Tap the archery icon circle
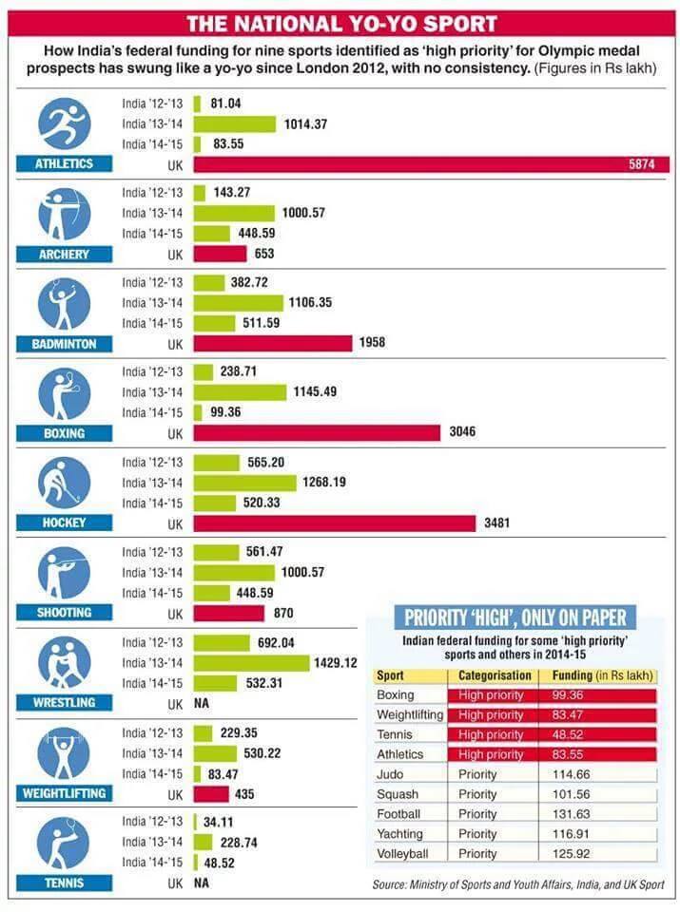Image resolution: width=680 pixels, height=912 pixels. tap(64, 214)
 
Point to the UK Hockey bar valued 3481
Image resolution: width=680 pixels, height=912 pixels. tap(334, 523)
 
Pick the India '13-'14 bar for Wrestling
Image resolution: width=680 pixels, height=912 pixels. tap(251, 663)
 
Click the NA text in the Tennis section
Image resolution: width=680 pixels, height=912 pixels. tap(201, 883)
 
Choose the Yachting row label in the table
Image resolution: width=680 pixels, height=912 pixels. tap(399, 833)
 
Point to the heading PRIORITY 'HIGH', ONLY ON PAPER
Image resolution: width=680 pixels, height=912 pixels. tap(515, 617)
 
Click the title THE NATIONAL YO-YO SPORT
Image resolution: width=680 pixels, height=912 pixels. tap(340, 24)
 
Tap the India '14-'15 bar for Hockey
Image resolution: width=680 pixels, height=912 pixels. tap(216, 503)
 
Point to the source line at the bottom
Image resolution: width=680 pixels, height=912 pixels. tap(518, 884)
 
